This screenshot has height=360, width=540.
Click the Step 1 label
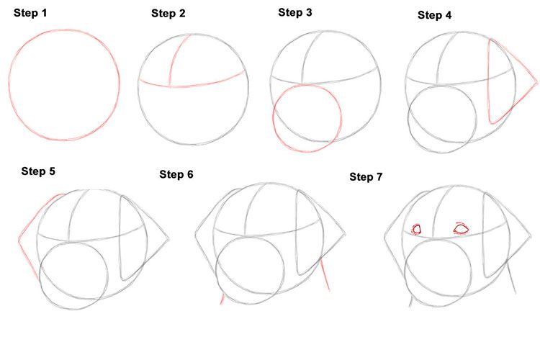[30, 13]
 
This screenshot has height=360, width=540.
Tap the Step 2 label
[168, 14]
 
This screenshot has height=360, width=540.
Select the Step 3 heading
[295, 12]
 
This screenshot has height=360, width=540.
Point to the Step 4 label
[435, 15]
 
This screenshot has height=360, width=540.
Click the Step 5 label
[38, 171]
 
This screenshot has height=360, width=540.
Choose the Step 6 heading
[176, 174]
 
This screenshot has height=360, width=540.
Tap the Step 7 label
[366, 176]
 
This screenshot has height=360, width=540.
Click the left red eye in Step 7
[417, 230]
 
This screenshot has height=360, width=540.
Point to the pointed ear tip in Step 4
[537, 83]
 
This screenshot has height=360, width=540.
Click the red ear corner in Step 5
[19, 239]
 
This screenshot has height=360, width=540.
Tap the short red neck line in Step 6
[222, 300]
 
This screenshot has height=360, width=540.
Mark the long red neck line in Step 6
[325, 276]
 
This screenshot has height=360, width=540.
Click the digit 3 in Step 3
[309, 12]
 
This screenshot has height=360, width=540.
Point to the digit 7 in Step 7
[379, 176]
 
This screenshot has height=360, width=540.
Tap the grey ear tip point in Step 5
[168, 239]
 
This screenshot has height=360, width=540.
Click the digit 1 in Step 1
[44, 13]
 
